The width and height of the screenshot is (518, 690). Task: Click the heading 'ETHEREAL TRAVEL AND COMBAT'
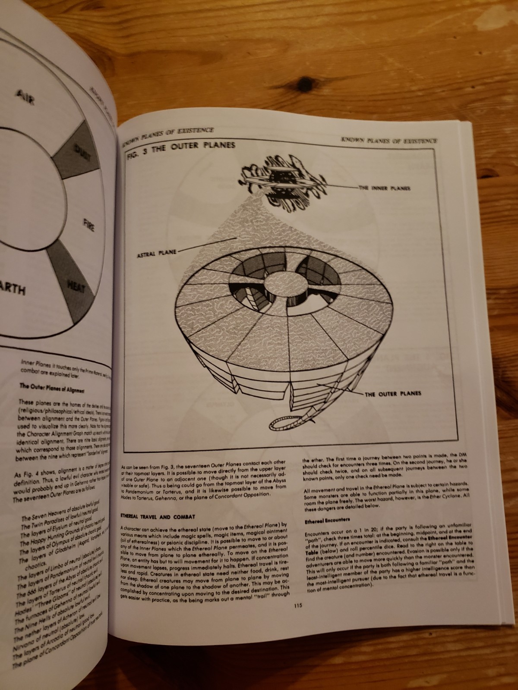click(158, 516)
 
